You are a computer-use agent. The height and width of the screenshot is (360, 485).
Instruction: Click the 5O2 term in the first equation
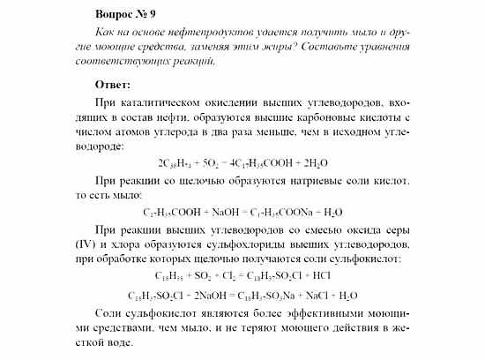click(x=213, y=162)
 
